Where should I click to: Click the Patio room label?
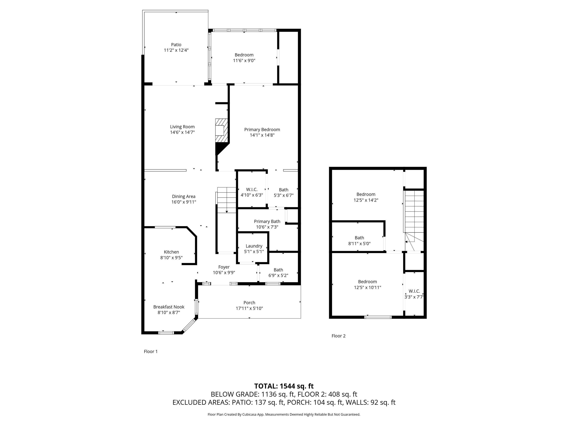(176, 45)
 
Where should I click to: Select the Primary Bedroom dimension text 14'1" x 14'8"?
(262, 135)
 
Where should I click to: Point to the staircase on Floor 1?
(226, 200)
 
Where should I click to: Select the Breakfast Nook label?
(169, 307)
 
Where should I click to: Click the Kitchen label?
(171, 252)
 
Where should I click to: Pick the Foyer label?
(224, 267)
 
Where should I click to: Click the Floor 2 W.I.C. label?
(414, 291)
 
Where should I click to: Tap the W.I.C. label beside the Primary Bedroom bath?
(252, 190)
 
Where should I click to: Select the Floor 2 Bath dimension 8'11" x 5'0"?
(359, 244)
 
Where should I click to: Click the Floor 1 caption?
(151, 351)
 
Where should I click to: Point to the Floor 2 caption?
(338, 336)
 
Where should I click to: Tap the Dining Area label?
(184, 196)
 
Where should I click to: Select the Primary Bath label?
(267, 221)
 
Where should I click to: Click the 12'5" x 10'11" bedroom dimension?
(367, 287)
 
